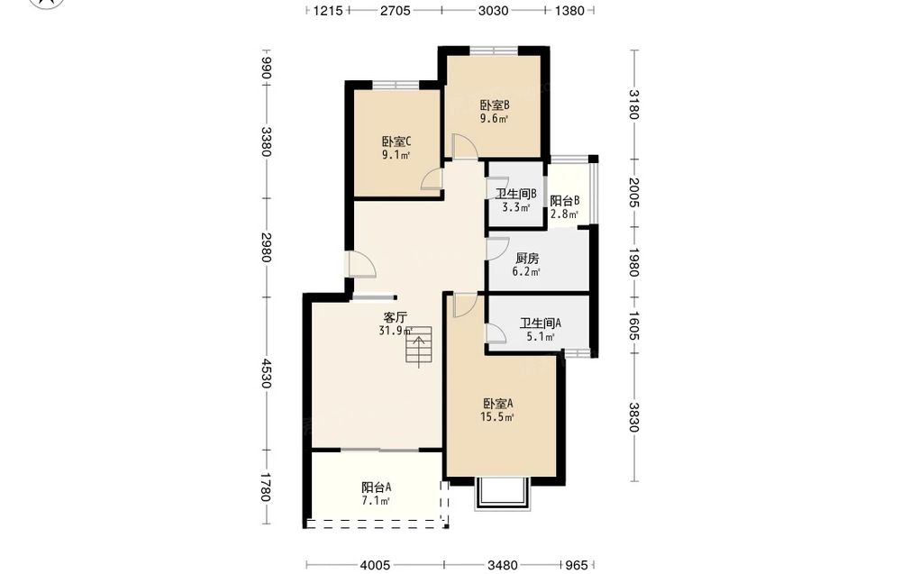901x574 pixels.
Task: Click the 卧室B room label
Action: coord(495,105)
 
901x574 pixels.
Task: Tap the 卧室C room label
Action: coord(396,141)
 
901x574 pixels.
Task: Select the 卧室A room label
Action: coord(497,404)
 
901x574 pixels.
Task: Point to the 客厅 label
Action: coord(396,317)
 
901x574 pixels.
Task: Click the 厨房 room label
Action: coord(527,259)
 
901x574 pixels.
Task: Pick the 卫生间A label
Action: coord(540,323)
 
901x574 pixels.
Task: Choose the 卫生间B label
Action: coord(516,194)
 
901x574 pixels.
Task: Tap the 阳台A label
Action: coord(377,487)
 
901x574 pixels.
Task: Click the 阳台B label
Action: coord(564,201)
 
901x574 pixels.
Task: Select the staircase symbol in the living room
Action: coord(419,345)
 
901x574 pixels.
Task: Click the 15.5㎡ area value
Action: coord(497,418)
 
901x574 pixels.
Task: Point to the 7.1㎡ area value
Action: coord(377,501)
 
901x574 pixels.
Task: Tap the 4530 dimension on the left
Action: coord(266,373)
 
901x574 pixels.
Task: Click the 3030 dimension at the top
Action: coord(493,10)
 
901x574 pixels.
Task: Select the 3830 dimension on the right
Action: coord(633,417)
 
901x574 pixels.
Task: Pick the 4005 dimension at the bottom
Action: coord(375,565)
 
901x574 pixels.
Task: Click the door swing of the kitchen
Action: coord(497,248)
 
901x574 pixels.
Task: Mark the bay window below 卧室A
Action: coord(502,493)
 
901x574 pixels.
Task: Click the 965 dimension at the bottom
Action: coord(577,565)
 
